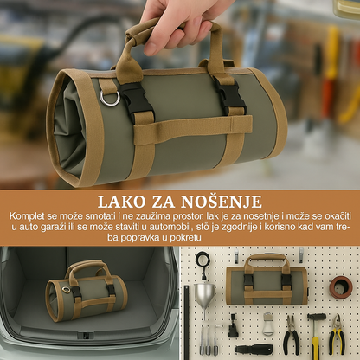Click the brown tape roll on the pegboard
pos(341,285)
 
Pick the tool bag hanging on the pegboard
pos(267,280)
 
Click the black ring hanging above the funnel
pos(202,259)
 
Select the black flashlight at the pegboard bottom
pos(254,349)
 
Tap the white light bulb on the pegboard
pos(269,324)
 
